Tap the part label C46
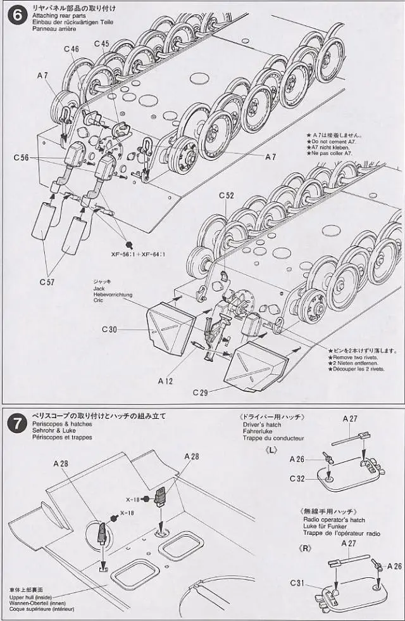(x=72, y=49)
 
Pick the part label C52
(x=227, y=196)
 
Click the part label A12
(x=166, y=381)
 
